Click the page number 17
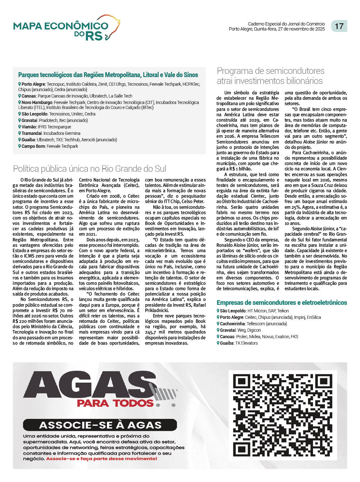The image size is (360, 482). pyautogui.click(x=339, y=26)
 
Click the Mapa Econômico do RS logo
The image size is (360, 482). pyautogui.click(x=66, y=28)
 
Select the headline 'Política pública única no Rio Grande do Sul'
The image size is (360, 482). pyautogui.click(x=89, y=169)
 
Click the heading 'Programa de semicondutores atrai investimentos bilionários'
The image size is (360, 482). pyautogui.click(x=270, y=76)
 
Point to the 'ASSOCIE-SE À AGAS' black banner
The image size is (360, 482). pyautogui.click(x=100, y=425)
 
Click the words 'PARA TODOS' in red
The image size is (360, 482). pyautogui.click(x=115, y=403)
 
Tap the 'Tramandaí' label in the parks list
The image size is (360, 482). pyautogui.click(x=32, y=133)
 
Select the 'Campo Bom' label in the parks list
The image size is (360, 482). pyautogui.click(x=33, y=146)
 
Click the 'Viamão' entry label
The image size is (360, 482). pyautogui.click(x=29, y=127)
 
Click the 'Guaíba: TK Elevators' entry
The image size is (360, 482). pyautogui.click(x=239, y=343)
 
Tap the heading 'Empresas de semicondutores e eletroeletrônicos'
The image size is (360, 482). pyautogui.click(x=282, y=303)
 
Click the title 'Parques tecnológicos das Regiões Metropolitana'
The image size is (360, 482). pyautogui.click(x=108, y=75)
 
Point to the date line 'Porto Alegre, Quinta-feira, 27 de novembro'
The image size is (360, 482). pyautogui.click(x=277, y=29)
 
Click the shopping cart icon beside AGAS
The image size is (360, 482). pyautogui.click(x=166, y=393)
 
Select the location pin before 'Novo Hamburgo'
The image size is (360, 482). pyautogui.click(x=20, y=103)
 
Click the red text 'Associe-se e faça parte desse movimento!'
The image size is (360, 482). pyautogui.click(x=102, y=459)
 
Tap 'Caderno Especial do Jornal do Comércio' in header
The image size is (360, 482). pyautogui.click(x=286, y=24)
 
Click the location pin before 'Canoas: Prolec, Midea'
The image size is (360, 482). pyautogui.click(x=218, y=337)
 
